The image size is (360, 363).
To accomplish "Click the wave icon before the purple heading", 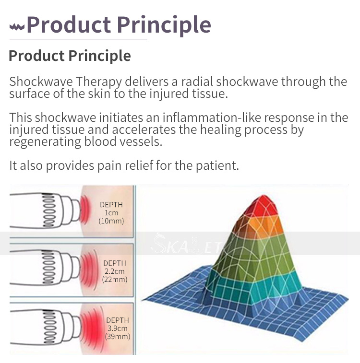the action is tap(17, 27).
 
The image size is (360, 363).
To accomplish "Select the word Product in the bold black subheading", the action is tap(36, 56).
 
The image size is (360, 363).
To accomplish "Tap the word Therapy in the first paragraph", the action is tap(99, 82).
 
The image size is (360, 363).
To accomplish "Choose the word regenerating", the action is tap(45, 142).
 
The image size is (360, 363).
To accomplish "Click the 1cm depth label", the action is tap(111, 213).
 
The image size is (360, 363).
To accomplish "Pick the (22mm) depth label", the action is tap(115, 280).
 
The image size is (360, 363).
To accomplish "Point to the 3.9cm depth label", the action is tap(118, 328).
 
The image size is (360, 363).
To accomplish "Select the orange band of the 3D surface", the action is tap(260, 224).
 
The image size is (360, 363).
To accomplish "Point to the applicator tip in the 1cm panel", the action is tap(76, 210).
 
